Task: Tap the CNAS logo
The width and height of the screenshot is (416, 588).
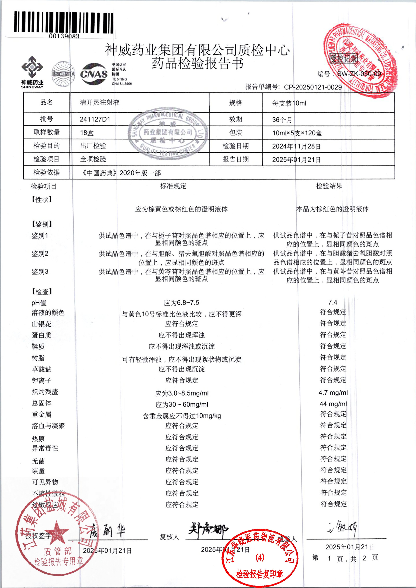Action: [94, 74]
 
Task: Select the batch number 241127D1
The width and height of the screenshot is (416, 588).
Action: [95, 119]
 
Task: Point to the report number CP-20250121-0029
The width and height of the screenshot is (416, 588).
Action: [313, 87]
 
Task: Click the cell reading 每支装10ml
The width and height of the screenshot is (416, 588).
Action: [289, 103]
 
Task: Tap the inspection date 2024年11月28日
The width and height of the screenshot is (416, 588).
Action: [296, 146]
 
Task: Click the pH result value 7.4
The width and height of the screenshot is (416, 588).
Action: [332, 302]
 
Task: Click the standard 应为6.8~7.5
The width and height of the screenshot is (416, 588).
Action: [181, 303]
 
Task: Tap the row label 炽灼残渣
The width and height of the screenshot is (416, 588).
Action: [45, 392]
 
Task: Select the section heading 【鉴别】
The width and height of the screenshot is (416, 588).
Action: [42, 224]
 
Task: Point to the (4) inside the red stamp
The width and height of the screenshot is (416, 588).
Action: [260, 558]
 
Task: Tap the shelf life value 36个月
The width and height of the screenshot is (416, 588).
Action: [282, 120]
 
